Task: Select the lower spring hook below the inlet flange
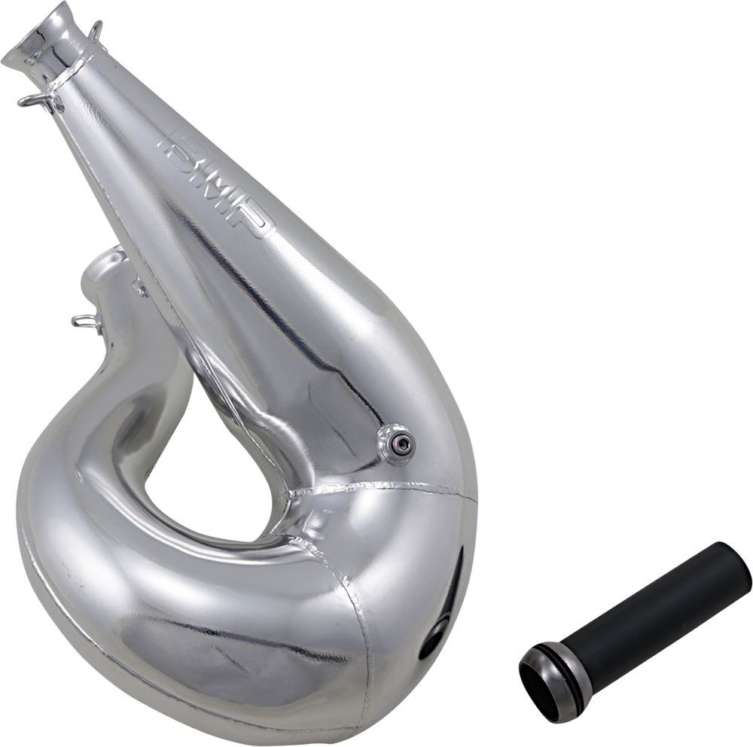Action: pyautogui.click(x=38, y=100)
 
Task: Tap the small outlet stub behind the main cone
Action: pyautogui.click(x=105, y=279)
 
